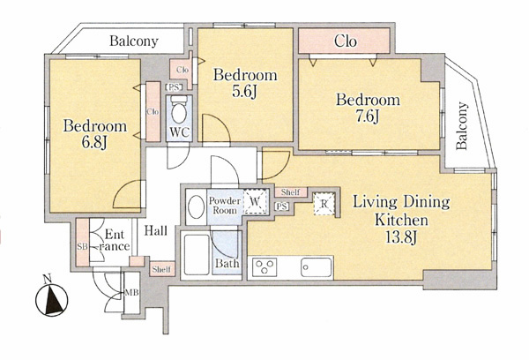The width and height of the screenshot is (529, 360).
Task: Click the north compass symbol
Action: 52,298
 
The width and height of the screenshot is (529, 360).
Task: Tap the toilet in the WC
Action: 179,109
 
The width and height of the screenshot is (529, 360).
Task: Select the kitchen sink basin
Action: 317,267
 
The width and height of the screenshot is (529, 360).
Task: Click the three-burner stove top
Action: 265,266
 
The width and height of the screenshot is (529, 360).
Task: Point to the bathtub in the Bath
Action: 197,255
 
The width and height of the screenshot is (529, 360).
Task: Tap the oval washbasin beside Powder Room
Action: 196,206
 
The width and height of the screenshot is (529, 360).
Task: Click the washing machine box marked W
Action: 256,201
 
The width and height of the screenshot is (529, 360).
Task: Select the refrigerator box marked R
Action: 324,204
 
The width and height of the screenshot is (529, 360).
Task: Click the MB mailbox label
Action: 131,292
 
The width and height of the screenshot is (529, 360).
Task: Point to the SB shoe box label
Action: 82,246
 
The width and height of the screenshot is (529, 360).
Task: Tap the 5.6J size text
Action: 244,92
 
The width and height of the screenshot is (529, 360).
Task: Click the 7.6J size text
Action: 368,116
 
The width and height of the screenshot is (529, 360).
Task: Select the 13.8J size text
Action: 401,237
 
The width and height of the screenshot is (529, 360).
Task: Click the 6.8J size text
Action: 94,143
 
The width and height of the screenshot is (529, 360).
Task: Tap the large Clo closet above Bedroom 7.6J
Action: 345,41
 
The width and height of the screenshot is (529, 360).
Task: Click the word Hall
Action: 156,230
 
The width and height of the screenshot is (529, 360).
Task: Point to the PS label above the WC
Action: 174,87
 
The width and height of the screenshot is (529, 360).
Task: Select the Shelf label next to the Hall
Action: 162,269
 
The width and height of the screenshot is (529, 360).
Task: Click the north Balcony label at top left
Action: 134,41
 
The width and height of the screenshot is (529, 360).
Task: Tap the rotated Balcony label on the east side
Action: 462,125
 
